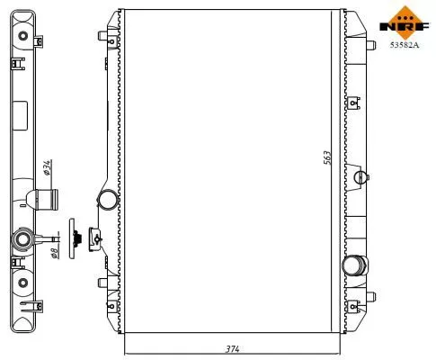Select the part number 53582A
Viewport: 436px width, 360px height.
[402, 43]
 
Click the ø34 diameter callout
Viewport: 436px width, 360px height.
[46, 167]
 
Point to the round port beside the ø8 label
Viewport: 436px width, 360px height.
[22, 240]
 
